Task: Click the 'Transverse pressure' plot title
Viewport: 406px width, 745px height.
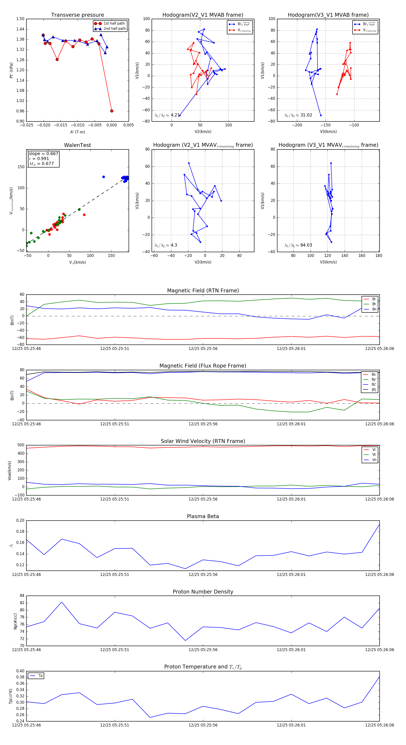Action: (77, 15)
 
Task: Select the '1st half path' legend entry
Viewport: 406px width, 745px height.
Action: (114, 23)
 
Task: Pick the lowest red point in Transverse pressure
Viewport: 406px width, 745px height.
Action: (112, 111)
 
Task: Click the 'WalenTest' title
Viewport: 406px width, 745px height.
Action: (77, 145)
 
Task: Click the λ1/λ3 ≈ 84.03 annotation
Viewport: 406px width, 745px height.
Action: (298, 245)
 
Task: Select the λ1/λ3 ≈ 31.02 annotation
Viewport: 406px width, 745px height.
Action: (298, 115)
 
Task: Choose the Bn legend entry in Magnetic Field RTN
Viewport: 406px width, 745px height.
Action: (374, 309)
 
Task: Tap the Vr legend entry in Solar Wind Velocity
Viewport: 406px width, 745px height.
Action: (374, 450)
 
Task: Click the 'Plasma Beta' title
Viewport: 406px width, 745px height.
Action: (203, 516)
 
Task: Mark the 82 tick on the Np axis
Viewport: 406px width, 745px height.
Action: (22, 603)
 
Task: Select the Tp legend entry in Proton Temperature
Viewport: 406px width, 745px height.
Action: (40, 676)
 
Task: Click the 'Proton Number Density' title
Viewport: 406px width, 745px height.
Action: (203, 592)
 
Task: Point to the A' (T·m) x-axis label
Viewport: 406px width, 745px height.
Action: (77, 132)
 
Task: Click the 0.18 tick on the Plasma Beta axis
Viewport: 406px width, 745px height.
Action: (20, 532)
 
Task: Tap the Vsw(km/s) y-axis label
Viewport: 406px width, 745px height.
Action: (9, 470)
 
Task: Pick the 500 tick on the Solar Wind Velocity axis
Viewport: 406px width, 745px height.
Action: (21, 445)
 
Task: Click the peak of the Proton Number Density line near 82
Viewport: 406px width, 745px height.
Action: (62, 602)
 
